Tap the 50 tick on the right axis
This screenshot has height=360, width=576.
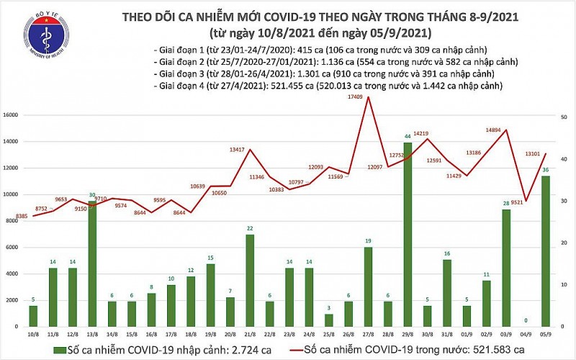click(565, 117)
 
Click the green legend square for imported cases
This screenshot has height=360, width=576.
click(57, 349)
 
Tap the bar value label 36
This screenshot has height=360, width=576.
click(546, 170)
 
